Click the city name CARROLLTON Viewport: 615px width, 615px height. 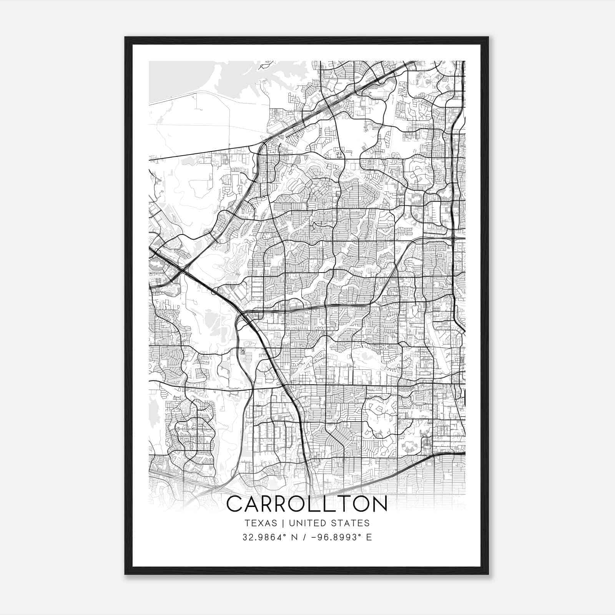pyautogui.click(x=307, y=504)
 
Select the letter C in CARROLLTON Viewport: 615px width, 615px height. pyautogui.click(x=235, y=504)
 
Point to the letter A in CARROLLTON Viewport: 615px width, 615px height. pyautogui.click(x=253, y=504)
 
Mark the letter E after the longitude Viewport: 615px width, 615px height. pyautogui.click(x=369, y=537)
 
